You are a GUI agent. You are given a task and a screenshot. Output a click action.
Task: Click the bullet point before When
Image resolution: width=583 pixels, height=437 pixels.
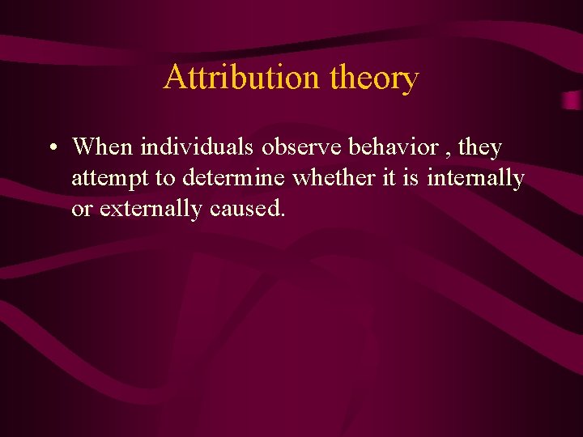pos(51,149)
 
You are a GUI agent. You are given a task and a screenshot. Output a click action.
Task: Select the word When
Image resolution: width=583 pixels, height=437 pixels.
pos(103,147)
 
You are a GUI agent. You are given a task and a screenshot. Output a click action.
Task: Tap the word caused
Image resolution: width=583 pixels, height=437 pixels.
pos(245,209)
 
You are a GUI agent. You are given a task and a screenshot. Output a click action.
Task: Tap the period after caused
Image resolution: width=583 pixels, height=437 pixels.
pos(283,215)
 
